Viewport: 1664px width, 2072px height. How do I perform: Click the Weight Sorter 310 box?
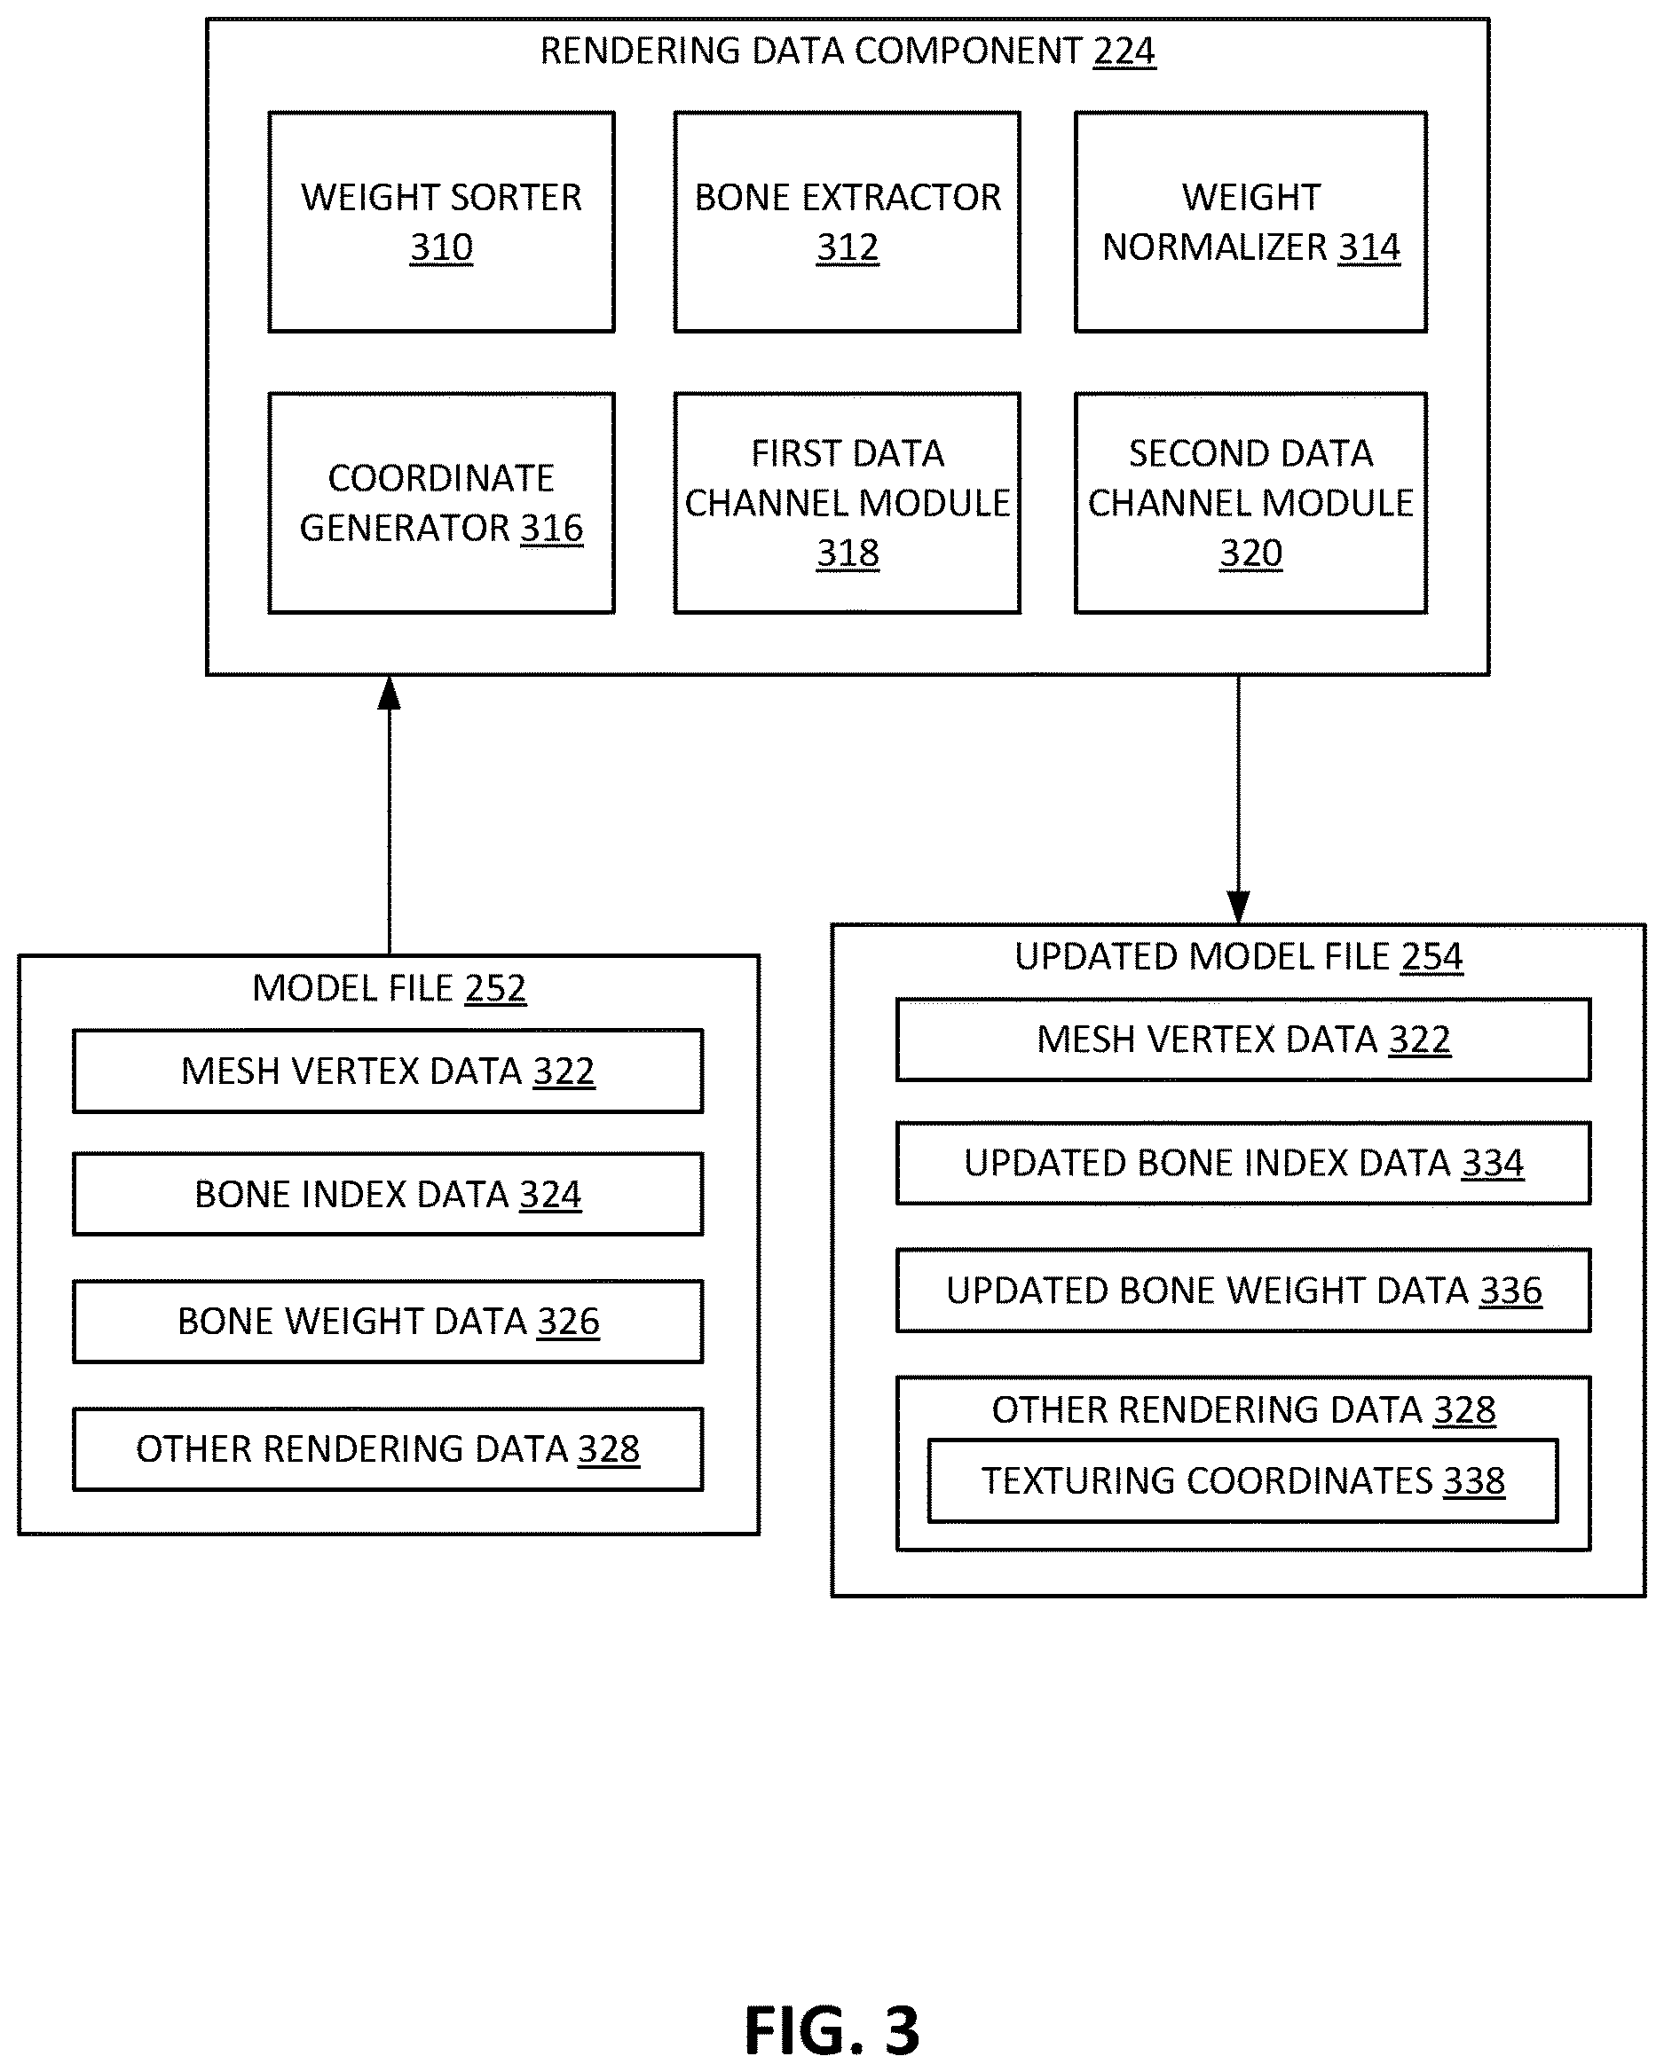click(x=441, y=222)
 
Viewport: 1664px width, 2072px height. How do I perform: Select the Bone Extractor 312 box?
click(x=847, y=222)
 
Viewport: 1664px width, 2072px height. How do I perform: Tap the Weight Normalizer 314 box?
click(x=1250, y=222)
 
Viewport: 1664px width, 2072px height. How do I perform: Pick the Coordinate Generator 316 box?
click(x=441, y=503)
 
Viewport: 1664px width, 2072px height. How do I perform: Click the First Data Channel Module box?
click(x=847, y=503)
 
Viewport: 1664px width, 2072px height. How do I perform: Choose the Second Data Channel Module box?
click(x=1250, y=503)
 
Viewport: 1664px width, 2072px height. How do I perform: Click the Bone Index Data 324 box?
click(x=389, y=1194)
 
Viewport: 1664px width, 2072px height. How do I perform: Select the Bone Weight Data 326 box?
click(x=389, y=1321)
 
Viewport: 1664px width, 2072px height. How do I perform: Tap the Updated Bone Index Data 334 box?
click(x=1244, y=1163)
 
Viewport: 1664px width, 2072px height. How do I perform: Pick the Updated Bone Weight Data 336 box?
click(x=1244, y=1290)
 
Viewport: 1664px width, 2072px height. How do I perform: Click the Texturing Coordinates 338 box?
click(x=1243, y=1480)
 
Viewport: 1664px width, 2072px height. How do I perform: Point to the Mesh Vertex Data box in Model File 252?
click(x=389, y=1071)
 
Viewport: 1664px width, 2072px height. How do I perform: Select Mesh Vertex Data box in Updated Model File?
click(x=1244, y=1039)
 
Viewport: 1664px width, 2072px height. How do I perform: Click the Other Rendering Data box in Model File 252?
click(x=389, y=1448)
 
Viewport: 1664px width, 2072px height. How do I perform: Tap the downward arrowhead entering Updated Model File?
click(x=1239, y=907)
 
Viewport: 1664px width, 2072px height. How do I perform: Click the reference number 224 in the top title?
click(x=1124, y=51)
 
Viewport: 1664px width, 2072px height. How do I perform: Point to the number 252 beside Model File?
click(x=496, y=988)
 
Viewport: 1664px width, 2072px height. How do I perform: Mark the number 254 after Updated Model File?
click(x=1432, y=956)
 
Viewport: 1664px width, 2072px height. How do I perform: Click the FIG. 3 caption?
click(x=832, y=2030)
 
